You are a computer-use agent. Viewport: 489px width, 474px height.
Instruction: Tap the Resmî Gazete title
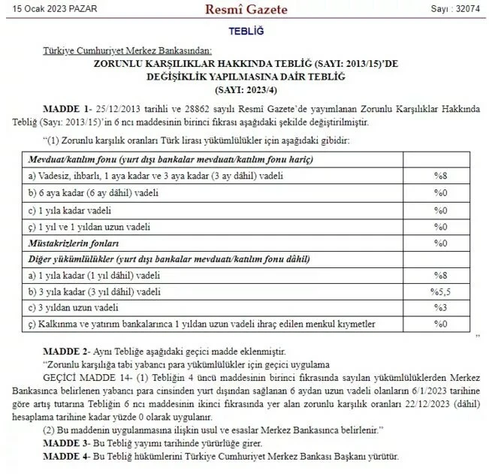245,9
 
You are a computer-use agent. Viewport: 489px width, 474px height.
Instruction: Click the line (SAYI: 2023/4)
244,89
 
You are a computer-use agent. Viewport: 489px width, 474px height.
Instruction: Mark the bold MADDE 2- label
68,352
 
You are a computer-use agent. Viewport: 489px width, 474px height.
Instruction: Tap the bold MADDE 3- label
68,444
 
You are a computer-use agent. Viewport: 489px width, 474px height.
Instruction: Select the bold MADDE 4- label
68,456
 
